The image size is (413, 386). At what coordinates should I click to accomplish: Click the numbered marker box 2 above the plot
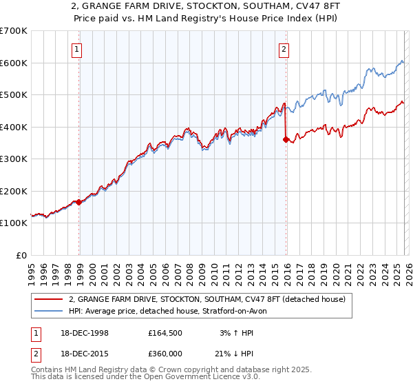(x=284, y=49)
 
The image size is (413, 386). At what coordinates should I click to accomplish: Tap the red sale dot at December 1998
(x=79, y=202)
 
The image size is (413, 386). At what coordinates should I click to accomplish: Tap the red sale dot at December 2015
(x=286, y=139)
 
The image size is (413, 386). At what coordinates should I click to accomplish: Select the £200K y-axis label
(x=14, y=191)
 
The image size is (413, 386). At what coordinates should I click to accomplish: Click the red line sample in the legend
(x=49, y=298)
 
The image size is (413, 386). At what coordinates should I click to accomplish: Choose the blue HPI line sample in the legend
(x=49, y=311)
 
